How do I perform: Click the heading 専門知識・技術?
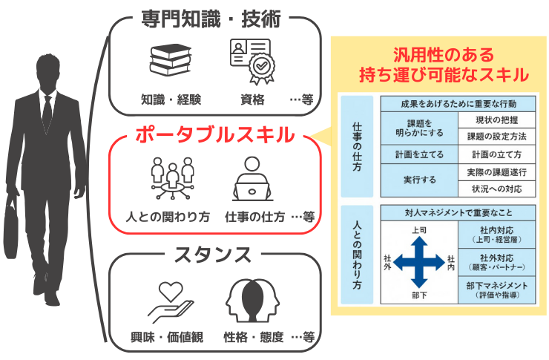tap(211, 19)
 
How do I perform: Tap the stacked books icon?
tap(171, 60)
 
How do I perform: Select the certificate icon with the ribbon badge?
tap(252, 62)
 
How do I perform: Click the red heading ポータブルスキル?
tap(214, 135)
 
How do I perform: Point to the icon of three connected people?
tap(172, 178)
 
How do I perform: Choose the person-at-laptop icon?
tap(252, 179)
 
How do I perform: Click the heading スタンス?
tap(213, 255)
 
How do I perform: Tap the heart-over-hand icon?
tap(171, 302)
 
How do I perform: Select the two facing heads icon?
tap(252, 301)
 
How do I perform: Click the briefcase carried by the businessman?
tap(11, 227)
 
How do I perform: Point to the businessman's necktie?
tap(47, 112)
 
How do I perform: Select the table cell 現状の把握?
tap(496, 120)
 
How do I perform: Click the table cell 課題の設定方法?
tap(496, 137)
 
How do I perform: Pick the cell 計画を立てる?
tap(419, 154)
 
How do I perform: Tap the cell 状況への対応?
tap(496, 189)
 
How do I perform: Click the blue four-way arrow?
tap(419, 262)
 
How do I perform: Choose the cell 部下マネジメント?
tap(496, 290)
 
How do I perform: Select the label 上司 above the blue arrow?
tap(419, 230)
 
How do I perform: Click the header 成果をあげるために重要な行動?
tap(458, 104)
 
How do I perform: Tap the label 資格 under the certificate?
tap(252, 99)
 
